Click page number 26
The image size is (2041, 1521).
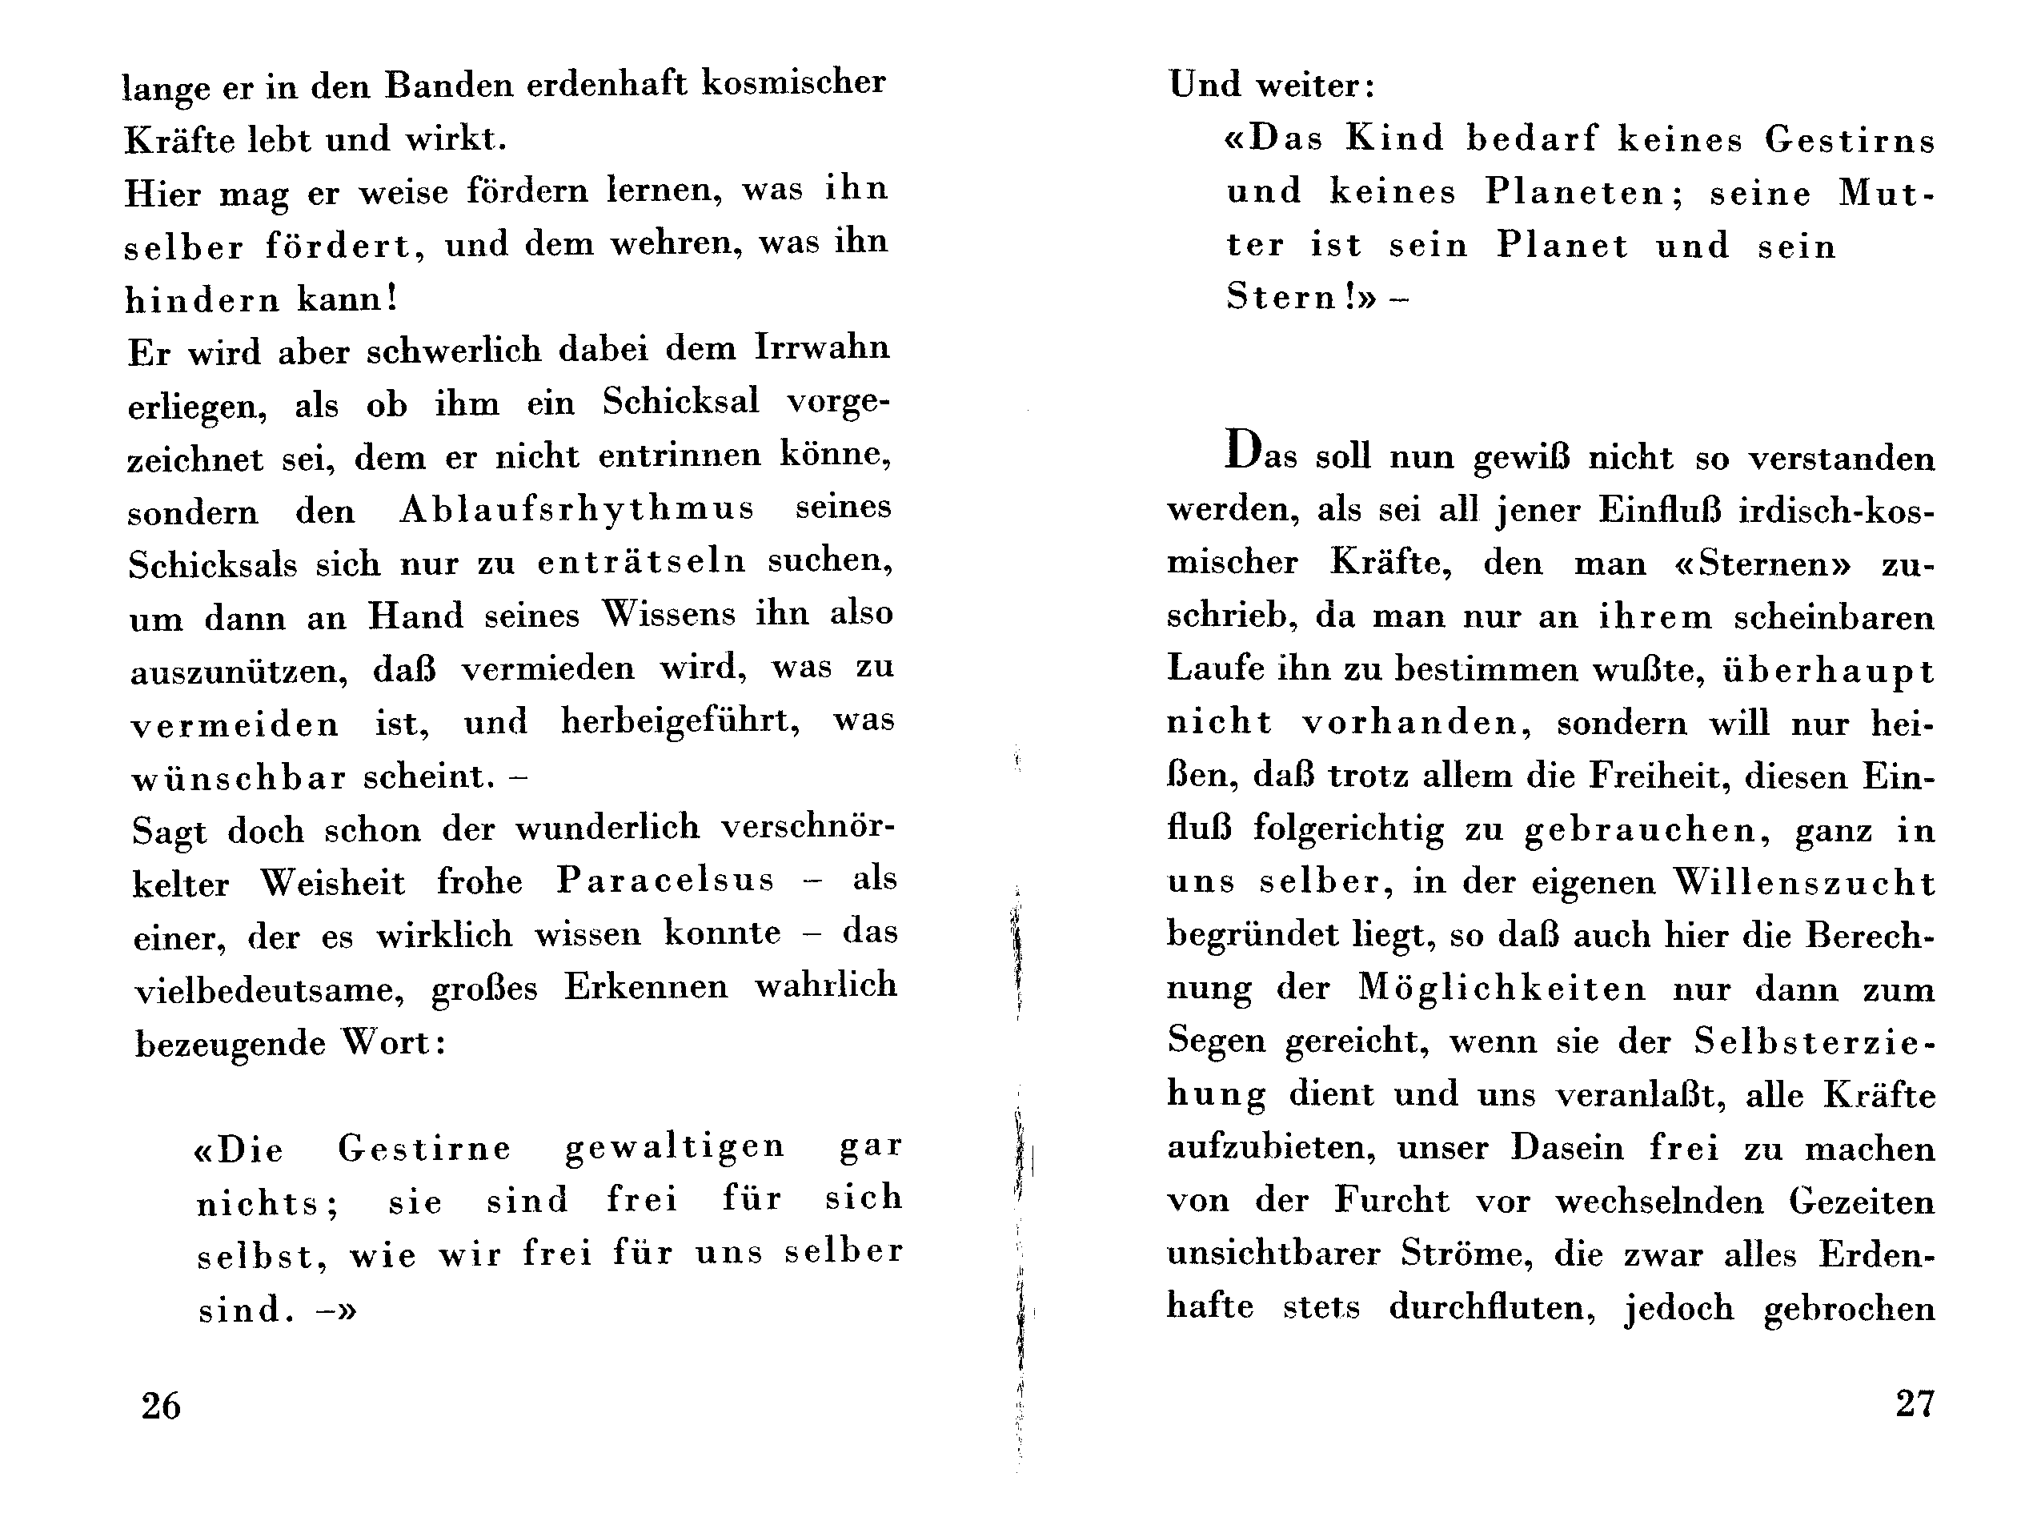(x=161, y=1406)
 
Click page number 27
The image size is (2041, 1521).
(x=1915, y=1403)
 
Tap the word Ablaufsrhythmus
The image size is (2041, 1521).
(x=576, y=509)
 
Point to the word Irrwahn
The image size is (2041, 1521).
(x=822, y=348)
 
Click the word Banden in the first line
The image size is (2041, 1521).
(x=447, y=85)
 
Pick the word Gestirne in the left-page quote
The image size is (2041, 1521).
(x=424, y=1148)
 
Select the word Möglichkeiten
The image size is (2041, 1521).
(x=1502, y=989)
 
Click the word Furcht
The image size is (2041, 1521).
(x=1392, y=1201)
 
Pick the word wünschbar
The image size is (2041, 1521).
(x=239, y=778)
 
